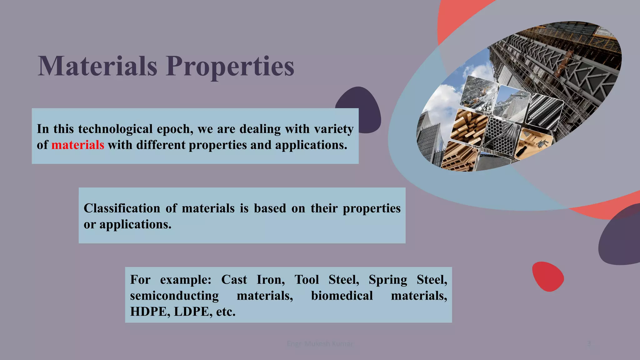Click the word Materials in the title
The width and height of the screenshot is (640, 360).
(x=97, y=66)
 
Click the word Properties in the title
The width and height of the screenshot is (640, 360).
(x=230, y=67)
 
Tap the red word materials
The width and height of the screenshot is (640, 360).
(x=77, y=145)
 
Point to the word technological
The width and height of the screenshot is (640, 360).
(x=115, y=129)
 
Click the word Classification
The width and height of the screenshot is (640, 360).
(x=122, y=208)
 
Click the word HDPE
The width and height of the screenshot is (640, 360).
(x=148, y=312)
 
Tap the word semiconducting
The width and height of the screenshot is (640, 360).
(x=174, y=296)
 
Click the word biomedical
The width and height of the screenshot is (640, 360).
(x=342, y=296)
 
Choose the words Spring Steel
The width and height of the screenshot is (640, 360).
(x=407, y=280)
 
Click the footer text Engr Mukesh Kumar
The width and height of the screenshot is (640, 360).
(x=320, y=344)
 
